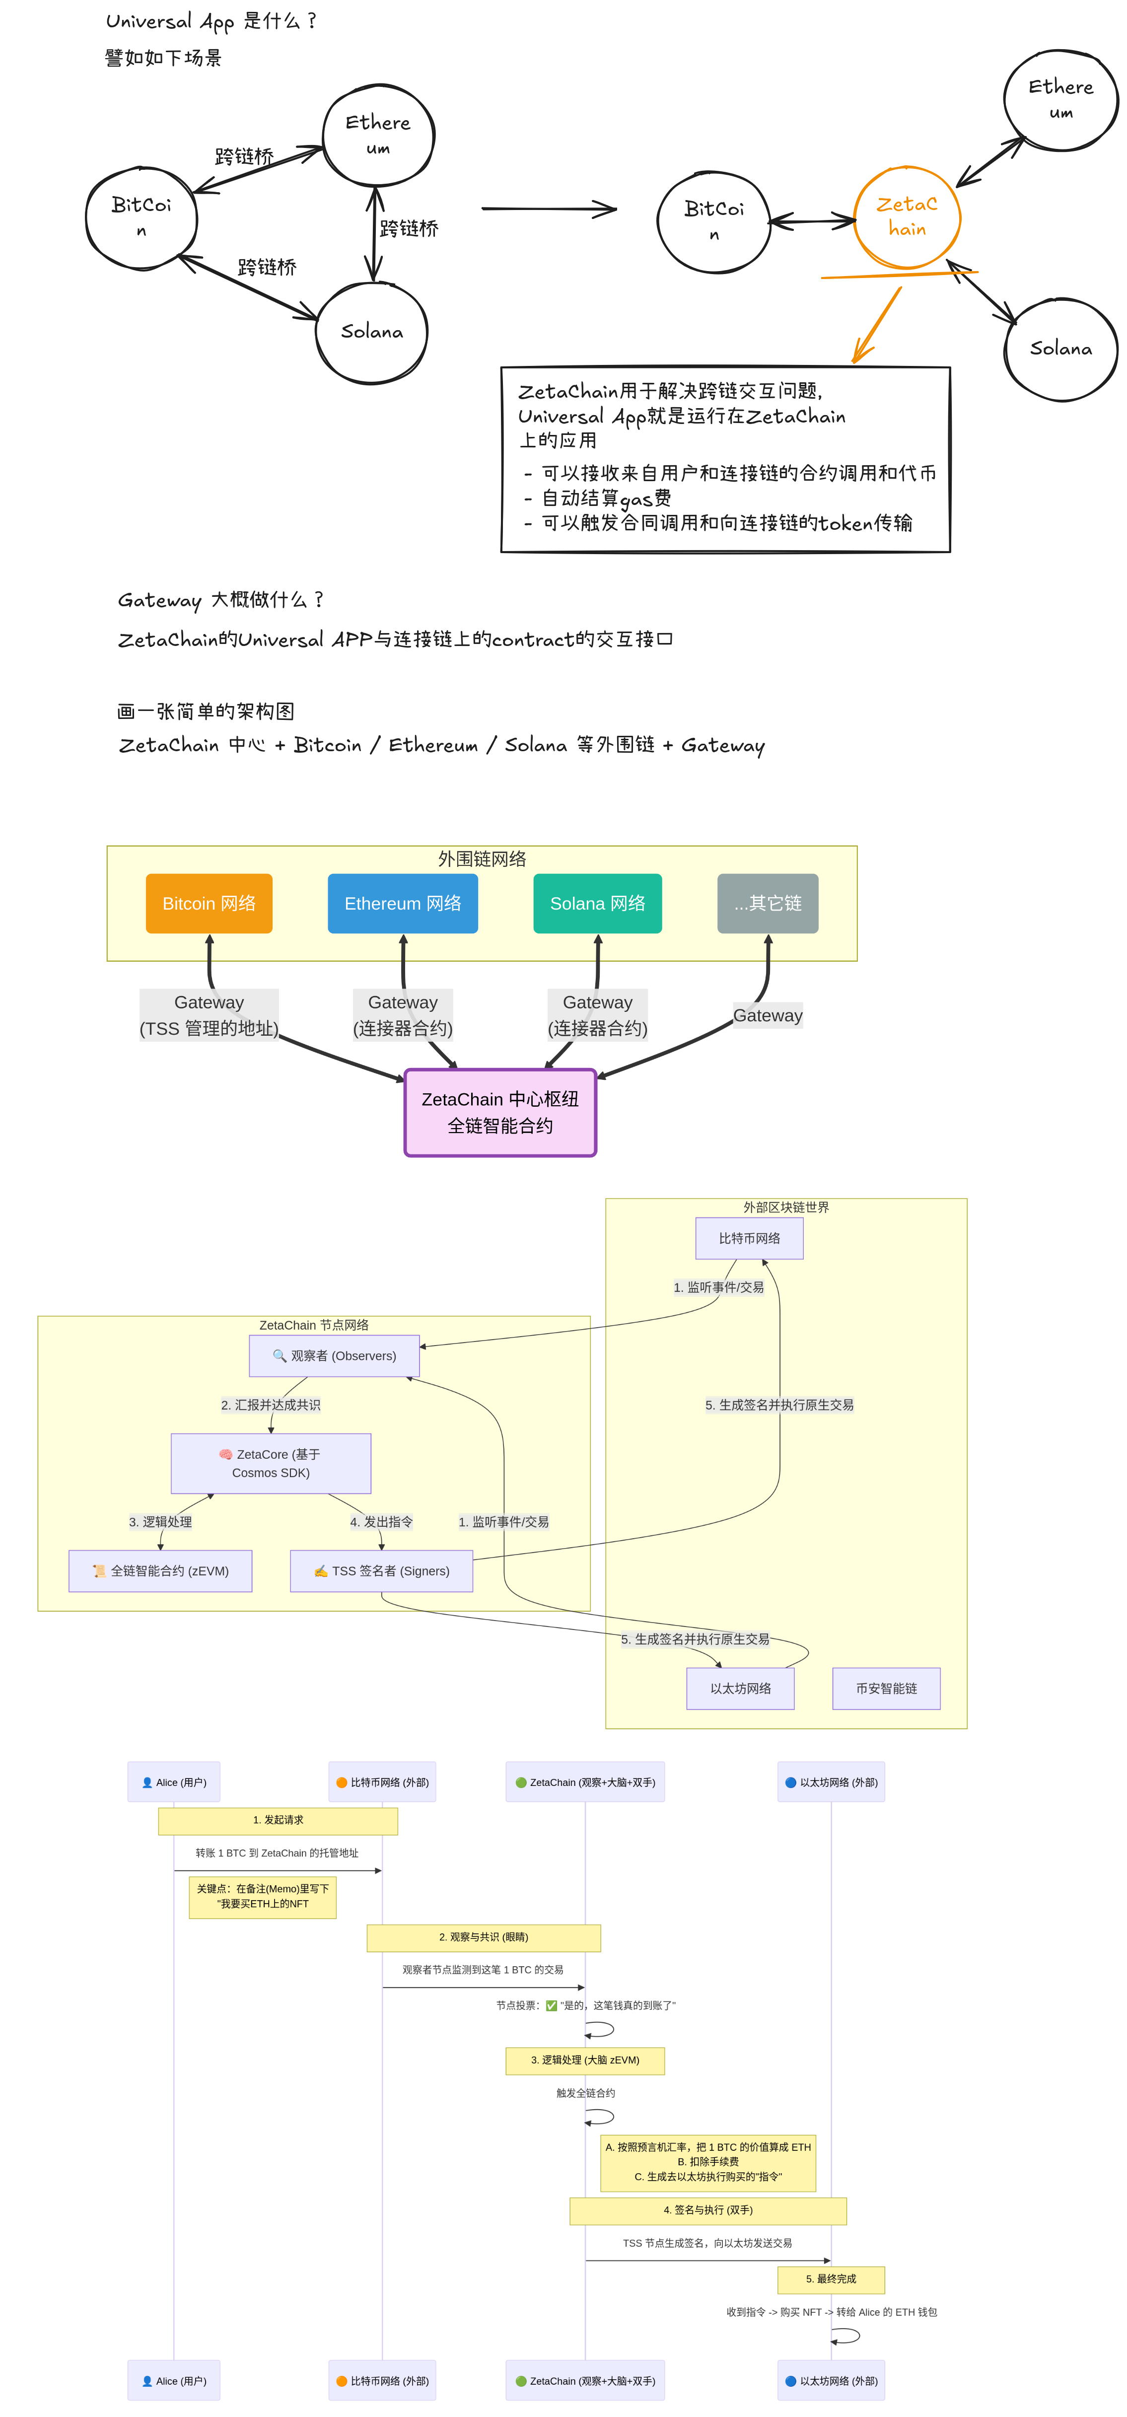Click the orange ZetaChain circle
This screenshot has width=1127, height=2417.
tap(907, 217)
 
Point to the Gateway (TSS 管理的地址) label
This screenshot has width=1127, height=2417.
tap(209, 1015)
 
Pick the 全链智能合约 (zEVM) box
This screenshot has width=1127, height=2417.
tap(160, 1570)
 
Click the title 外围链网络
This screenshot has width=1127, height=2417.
tap(482, 858)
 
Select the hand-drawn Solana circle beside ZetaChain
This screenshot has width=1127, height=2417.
tap(1060, 349)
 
